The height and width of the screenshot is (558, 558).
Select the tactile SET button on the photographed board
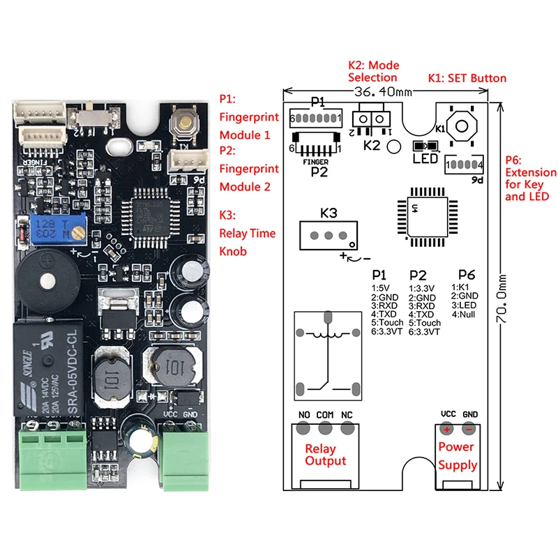click(186, 124)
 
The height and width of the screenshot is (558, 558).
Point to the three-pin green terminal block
click(58, 453)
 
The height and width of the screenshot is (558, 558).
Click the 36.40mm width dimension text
click(384, 93)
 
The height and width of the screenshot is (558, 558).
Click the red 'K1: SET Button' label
click(467, 78)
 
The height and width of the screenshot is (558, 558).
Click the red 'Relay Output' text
click(325, 455)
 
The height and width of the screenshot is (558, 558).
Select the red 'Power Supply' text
click(458, 455)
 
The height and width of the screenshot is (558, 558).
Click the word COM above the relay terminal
click(325, 414)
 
